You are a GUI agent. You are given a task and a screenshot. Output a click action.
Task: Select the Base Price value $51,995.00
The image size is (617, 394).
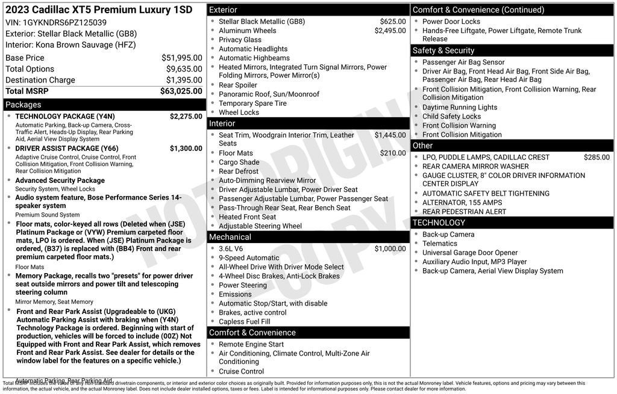click(x=181, y=58)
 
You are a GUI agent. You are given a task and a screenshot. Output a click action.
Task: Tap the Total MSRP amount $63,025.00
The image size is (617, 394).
click(x=181, y=91)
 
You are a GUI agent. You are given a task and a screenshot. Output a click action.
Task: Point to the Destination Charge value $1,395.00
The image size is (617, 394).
click(x=184, y=80)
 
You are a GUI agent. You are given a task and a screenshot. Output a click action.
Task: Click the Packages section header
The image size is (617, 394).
click(x=23, y=105)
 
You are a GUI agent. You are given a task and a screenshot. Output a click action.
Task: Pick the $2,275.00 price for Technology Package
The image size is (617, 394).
click(x=186, y=117)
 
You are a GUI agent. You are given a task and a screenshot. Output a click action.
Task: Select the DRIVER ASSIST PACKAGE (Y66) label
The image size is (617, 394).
click(x=66, y=149)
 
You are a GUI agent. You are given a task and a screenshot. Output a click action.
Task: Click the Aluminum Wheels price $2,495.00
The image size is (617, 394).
click(x=390, y=31)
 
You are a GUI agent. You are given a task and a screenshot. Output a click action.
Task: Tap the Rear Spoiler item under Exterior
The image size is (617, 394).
click(x=238, y=85)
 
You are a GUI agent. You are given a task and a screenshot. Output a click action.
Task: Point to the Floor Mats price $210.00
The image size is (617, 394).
click(x=393, y=153)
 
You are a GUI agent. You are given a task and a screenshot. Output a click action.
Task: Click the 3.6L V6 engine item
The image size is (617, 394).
click(x=231, y=249)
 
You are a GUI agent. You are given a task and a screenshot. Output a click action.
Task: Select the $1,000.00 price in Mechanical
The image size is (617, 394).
click(x=390, y=249)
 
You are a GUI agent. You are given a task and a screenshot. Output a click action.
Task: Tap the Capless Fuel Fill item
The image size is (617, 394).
click(x=244, y=322)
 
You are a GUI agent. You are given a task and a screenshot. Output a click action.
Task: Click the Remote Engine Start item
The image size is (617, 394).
click(x=251, y=345)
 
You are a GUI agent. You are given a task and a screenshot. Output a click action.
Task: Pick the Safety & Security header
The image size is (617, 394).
click(x=443, y=51)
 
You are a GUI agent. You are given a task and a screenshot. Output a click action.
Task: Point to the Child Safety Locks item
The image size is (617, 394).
click(x=451, y=117)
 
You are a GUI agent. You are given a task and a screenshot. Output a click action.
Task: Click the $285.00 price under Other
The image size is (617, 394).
click(x=597, y=158)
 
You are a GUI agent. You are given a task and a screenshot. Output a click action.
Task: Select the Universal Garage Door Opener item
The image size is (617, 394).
click(x=469, y=253)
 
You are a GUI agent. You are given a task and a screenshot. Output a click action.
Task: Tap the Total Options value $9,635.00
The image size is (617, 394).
click(x=184, y=69)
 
